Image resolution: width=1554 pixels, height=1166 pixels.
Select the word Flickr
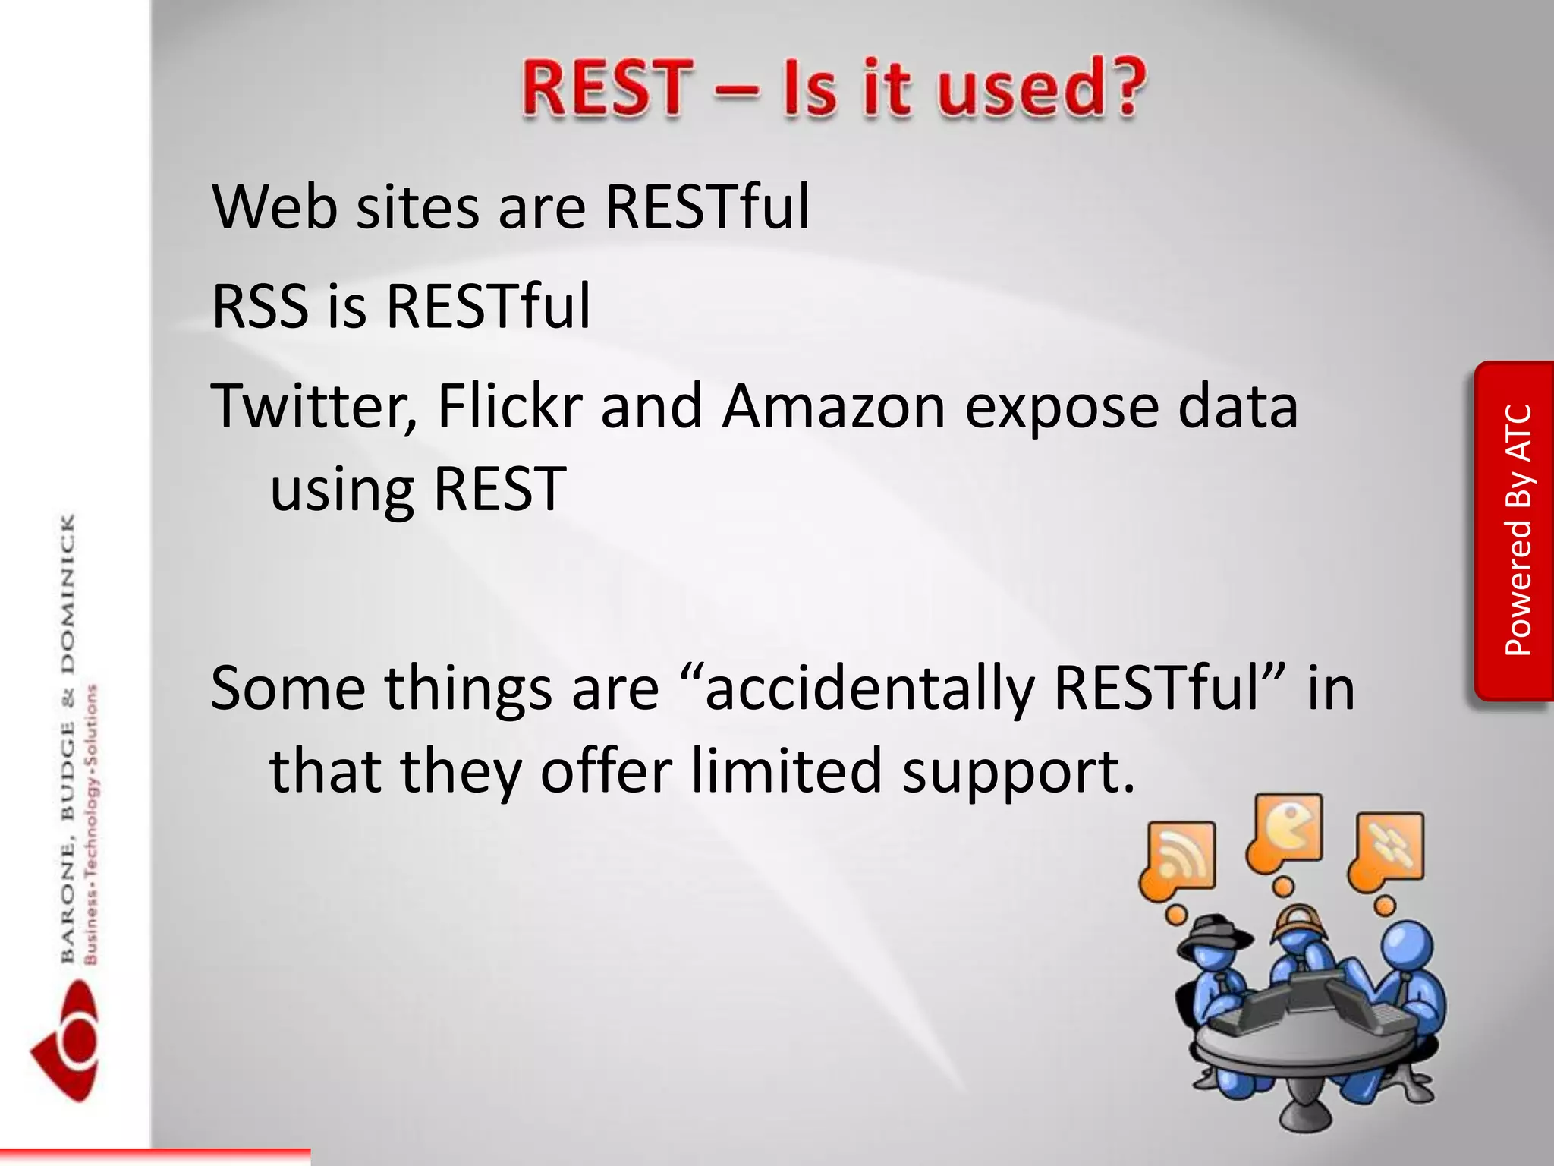[510, 407]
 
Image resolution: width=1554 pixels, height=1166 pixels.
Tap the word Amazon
[833, 407]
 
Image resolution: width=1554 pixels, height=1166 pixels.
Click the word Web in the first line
[275, 206]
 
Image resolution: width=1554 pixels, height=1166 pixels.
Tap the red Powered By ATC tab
[1515, 531]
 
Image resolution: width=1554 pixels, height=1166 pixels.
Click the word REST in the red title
[608, 89]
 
